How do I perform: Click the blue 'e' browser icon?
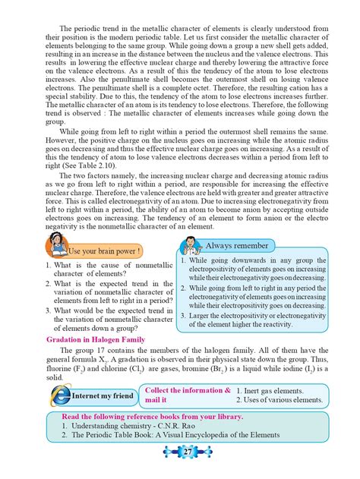[x=57, y=394]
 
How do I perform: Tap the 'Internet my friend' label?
[x=102, y=395]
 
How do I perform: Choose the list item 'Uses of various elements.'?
[x=279, y=399]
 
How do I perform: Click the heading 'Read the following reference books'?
[x=152, y=417]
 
